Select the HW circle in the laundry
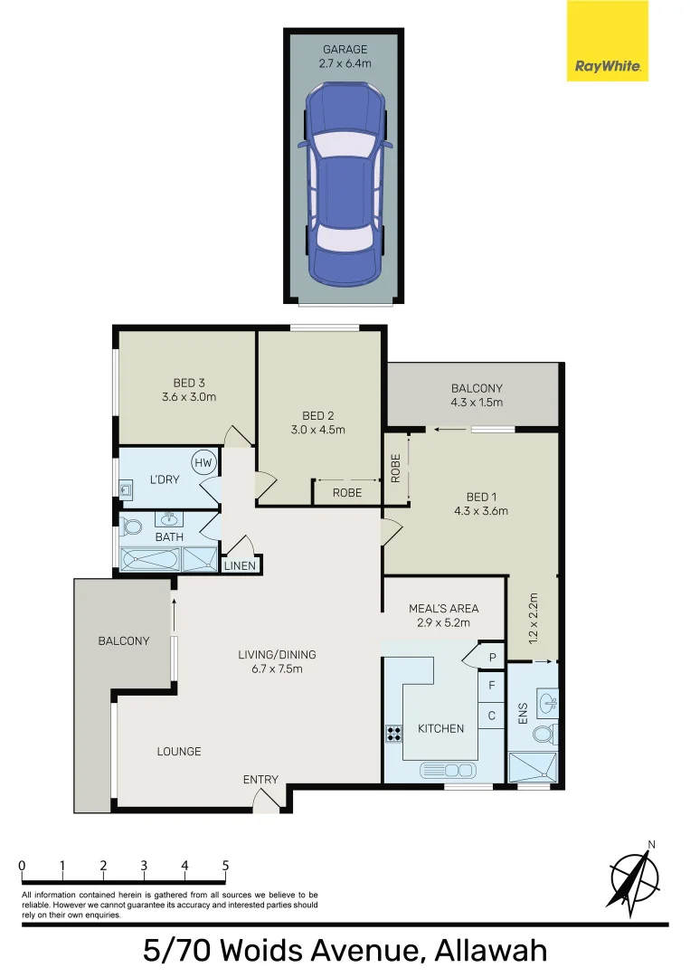[204, 463]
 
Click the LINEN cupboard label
[241, 566]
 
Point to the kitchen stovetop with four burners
[394, 734]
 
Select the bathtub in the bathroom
[149, 560]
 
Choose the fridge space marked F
[492, 686]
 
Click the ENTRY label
[260, 780]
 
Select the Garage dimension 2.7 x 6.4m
[345, 63]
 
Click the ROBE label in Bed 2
[347, 493]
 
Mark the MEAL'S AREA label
[443, 609]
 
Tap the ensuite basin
[546, 700]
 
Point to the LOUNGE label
[178, 752]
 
